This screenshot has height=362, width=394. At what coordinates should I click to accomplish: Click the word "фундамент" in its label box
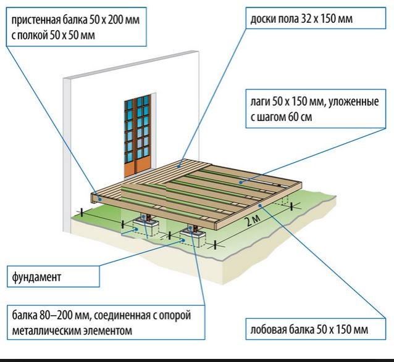click(36, 278)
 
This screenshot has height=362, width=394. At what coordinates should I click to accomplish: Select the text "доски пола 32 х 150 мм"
click(301, 19)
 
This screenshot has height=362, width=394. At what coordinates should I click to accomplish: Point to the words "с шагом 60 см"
click(282, 117)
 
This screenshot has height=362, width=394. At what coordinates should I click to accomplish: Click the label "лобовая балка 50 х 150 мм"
click(309, 329)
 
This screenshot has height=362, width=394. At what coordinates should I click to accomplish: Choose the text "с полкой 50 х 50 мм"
click(53, 36)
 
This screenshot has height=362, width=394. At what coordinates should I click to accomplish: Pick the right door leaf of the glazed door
click(143, 133)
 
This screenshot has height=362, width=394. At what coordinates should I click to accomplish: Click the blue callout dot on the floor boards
click(179, 166)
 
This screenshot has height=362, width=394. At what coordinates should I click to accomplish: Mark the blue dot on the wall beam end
click(100, 199)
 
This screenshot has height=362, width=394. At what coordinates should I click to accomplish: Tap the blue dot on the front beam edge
click(260, 205)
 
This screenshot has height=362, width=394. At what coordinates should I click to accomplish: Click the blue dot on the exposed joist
click(241, 183)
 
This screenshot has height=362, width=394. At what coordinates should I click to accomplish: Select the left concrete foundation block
click(146, 226)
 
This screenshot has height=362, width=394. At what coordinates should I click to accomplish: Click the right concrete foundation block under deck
click(193, 237)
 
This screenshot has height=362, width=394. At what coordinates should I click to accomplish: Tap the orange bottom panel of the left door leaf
click(130, 170)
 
